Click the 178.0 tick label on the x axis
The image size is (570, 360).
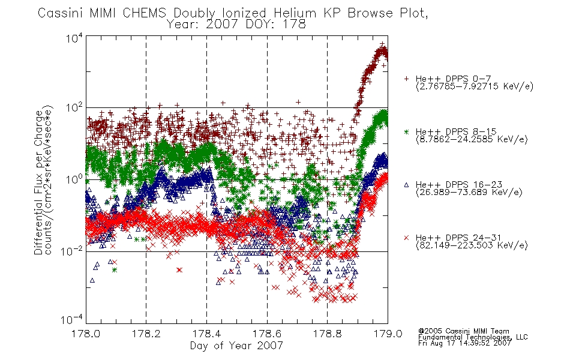[86, 334]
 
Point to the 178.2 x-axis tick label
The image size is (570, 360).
[146, 334]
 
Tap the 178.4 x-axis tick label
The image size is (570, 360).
[206, 334]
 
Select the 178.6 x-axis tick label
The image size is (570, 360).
[267, 334]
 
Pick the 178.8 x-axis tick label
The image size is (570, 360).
[327, 334]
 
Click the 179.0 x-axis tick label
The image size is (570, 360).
[388, 334]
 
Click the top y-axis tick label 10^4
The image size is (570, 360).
[74, 38]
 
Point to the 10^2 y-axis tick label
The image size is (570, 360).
[74, 108]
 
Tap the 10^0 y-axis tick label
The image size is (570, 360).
[74, 179]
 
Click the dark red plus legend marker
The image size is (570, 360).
[406, 79]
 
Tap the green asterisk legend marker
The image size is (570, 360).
[406, 131]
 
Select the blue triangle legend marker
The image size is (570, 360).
[406, 185]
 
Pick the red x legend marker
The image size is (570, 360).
[406, 238]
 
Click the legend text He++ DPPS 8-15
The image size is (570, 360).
[456, 131]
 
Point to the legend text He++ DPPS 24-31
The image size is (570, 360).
[458, 238]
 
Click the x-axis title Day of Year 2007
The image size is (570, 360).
[236, 346]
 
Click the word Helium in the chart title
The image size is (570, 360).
[295, 13]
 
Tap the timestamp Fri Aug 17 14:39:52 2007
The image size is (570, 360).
[464, 343]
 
